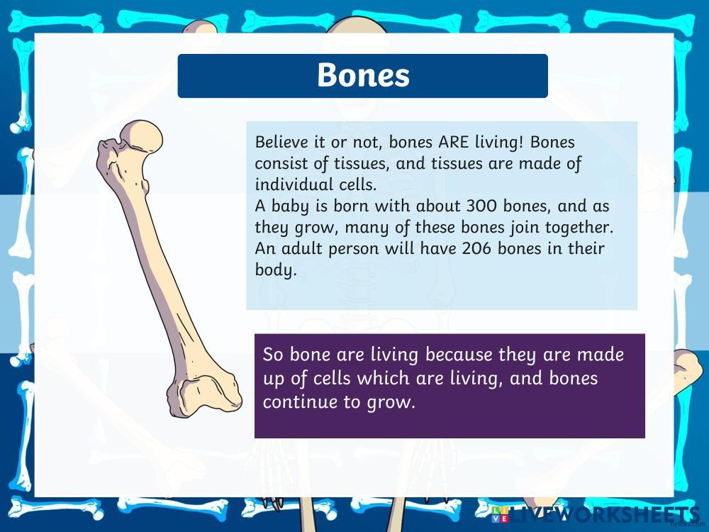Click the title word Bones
click(363, 74)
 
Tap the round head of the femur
click(141, 136)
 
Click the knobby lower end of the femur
click(204, 394)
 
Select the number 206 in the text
click(476, 248)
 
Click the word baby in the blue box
click(290, 207)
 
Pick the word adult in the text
click(301, 248)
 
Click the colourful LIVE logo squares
click(500, 515)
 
